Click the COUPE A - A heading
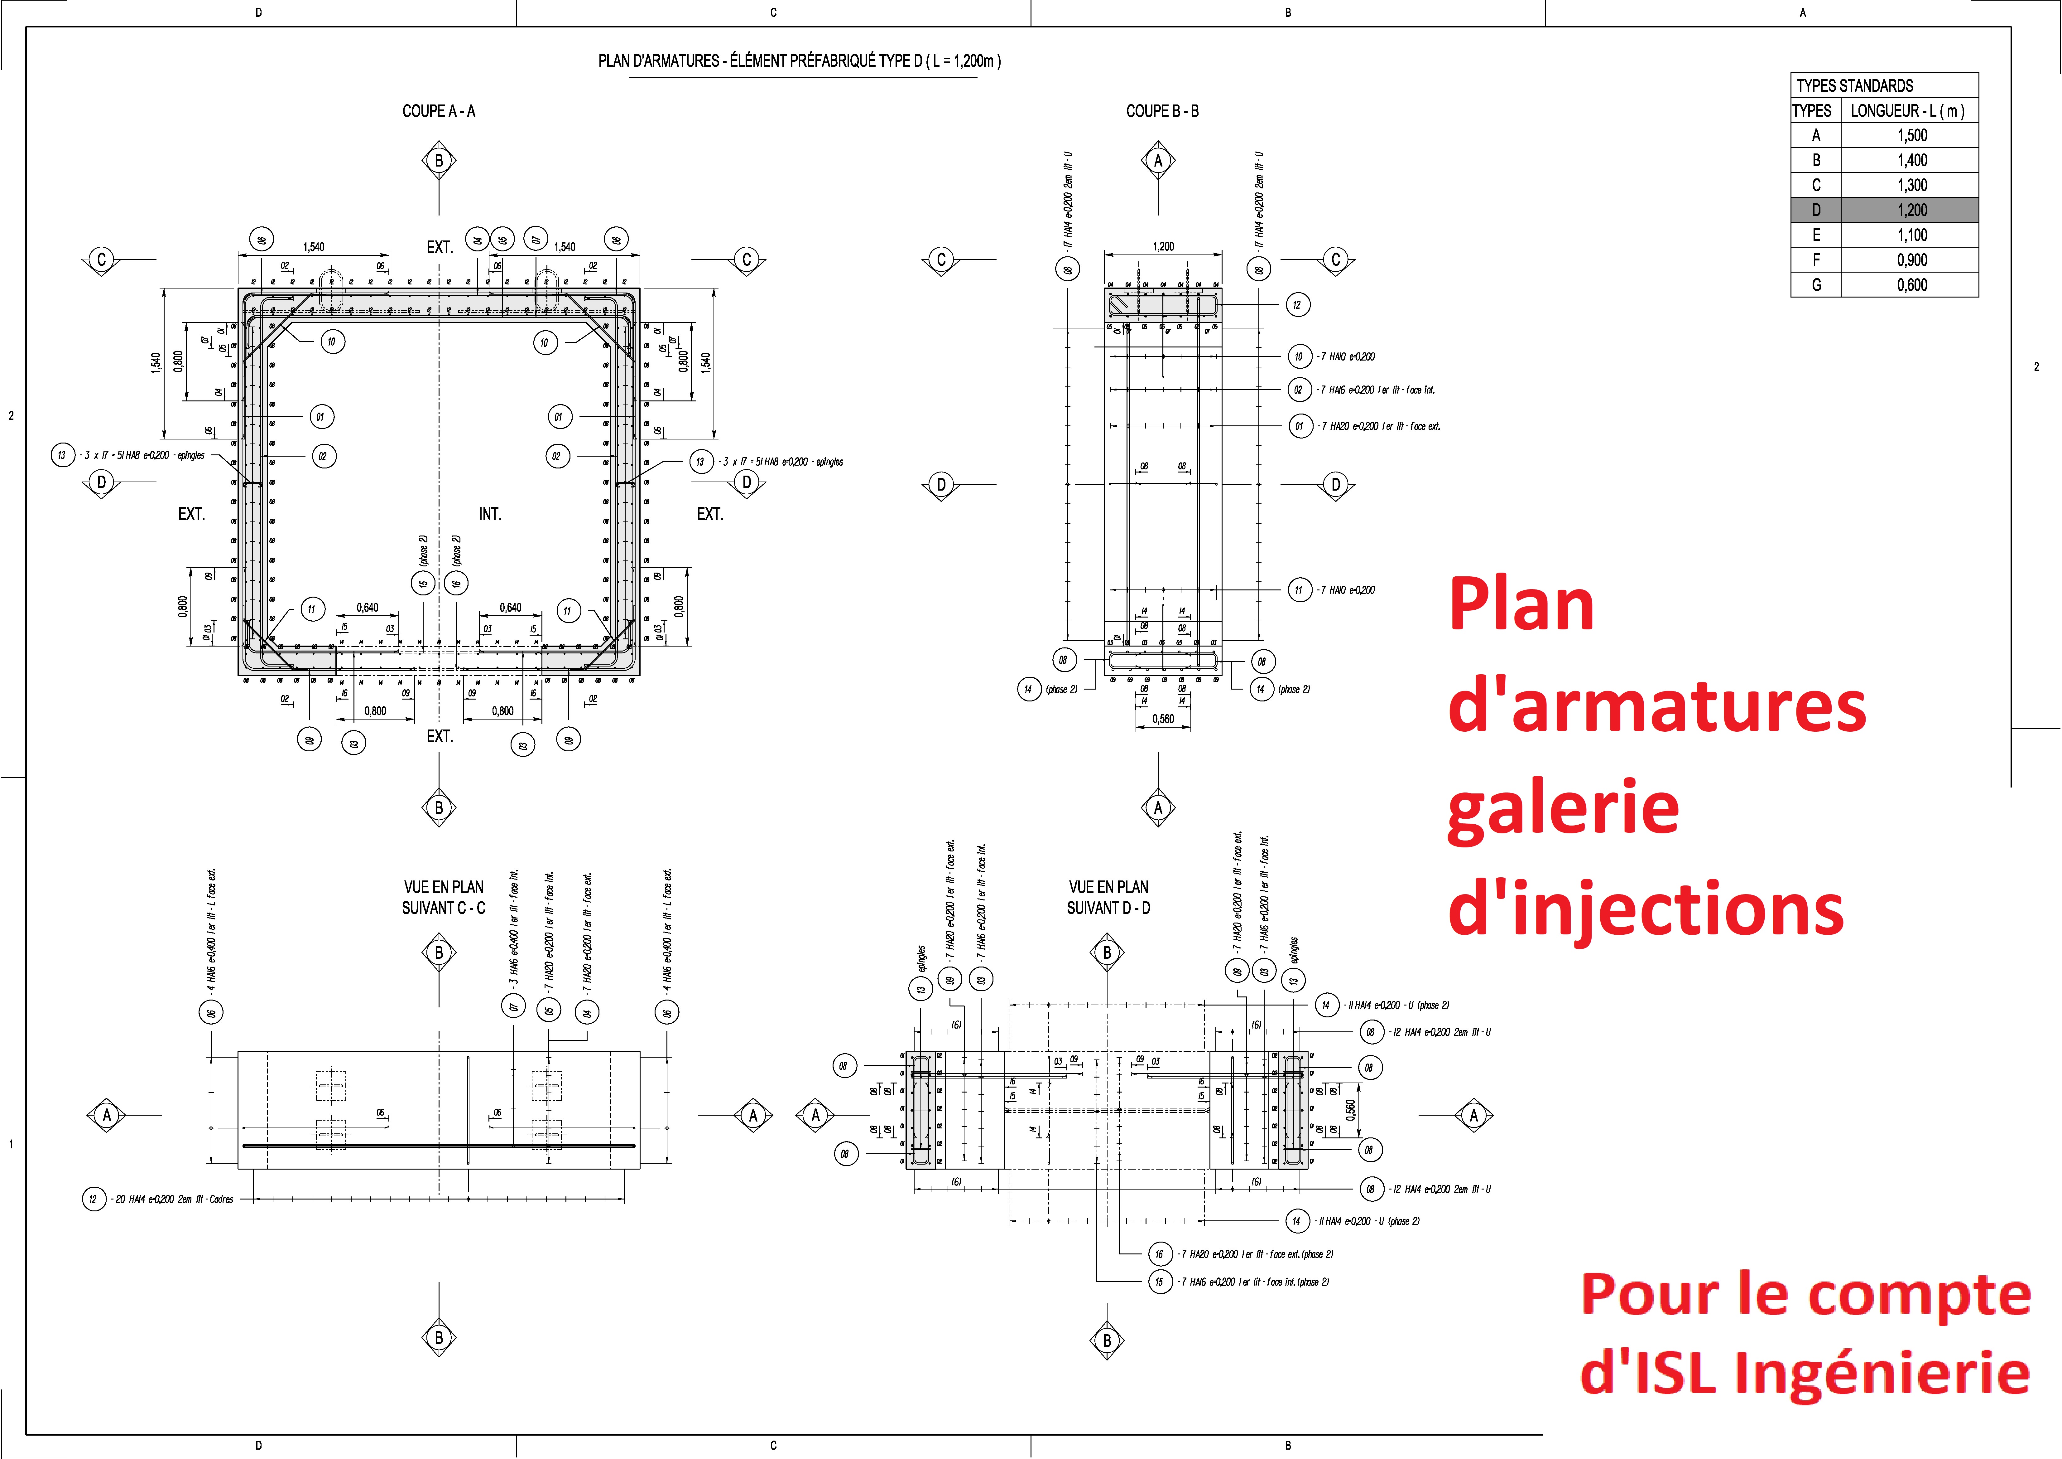click(438, 111)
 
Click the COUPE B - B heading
click(1162, 111)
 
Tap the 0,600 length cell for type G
click(1911, 285)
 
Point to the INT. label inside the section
click(489, 514)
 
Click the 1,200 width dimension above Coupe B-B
click(1163, 246)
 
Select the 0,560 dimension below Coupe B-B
click(1163, 719)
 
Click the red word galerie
click(1563, 808)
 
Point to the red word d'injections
click(1645, 909)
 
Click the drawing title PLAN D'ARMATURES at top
click(799, 61)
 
